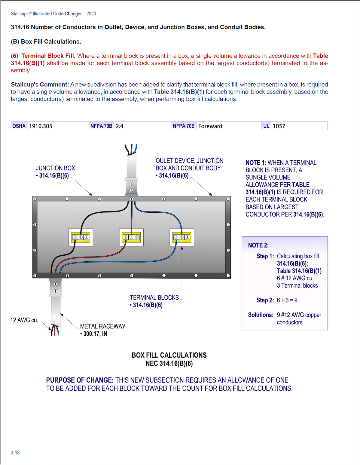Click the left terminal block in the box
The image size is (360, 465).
point(81,237)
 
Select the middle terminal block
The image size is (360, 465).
point(131,237)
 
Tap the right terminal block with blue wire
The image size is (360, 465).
point(182,237)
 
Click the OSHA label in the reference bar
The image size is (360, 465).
point(19,126)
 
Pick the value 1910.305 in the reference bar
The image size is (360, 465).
point(41,126)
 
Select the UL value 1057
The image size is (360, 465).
point(279,126)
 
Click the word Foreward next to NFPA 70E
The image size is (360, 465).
point(210,126)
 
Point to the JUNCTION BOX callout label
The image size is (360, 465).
point(55,168)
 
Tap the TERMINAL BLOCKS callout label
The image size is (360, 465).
point(154,297)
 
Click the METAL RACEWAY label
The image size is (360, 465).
point(103,326)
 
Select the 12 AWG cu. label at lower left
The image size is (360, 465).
point(24,320)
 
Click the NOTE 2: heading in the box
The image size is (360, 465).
point(258,245)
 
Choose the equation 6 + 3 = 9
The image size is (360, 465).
point(287,300)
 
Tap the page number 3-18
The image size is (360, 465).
point(15,452)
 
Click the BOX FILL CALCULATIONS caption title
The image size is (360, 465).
point(169,355)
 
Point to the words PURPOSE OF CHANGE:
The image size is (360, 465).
point(80,380)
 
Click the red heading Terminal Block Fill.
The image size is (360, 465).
point(48,56)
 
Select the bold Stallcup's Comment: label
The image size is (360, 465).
point(40,85)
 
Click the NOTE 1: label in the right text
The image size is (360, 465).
point(256,163)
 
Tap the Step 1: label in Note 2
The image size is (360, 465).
point(265,256)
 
